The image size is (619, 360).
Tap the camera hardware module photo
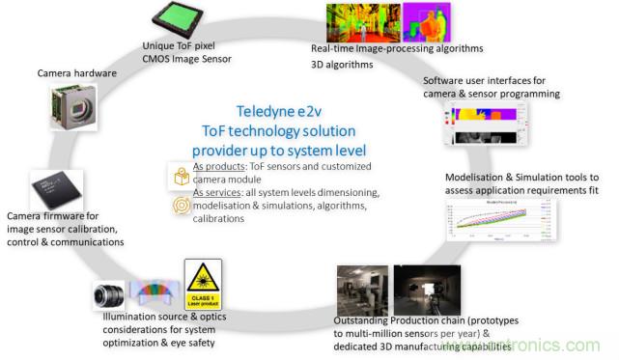71,109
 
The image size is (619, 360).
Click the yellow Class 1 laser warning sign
203,283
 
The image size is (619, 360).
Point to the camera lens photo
109,294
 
